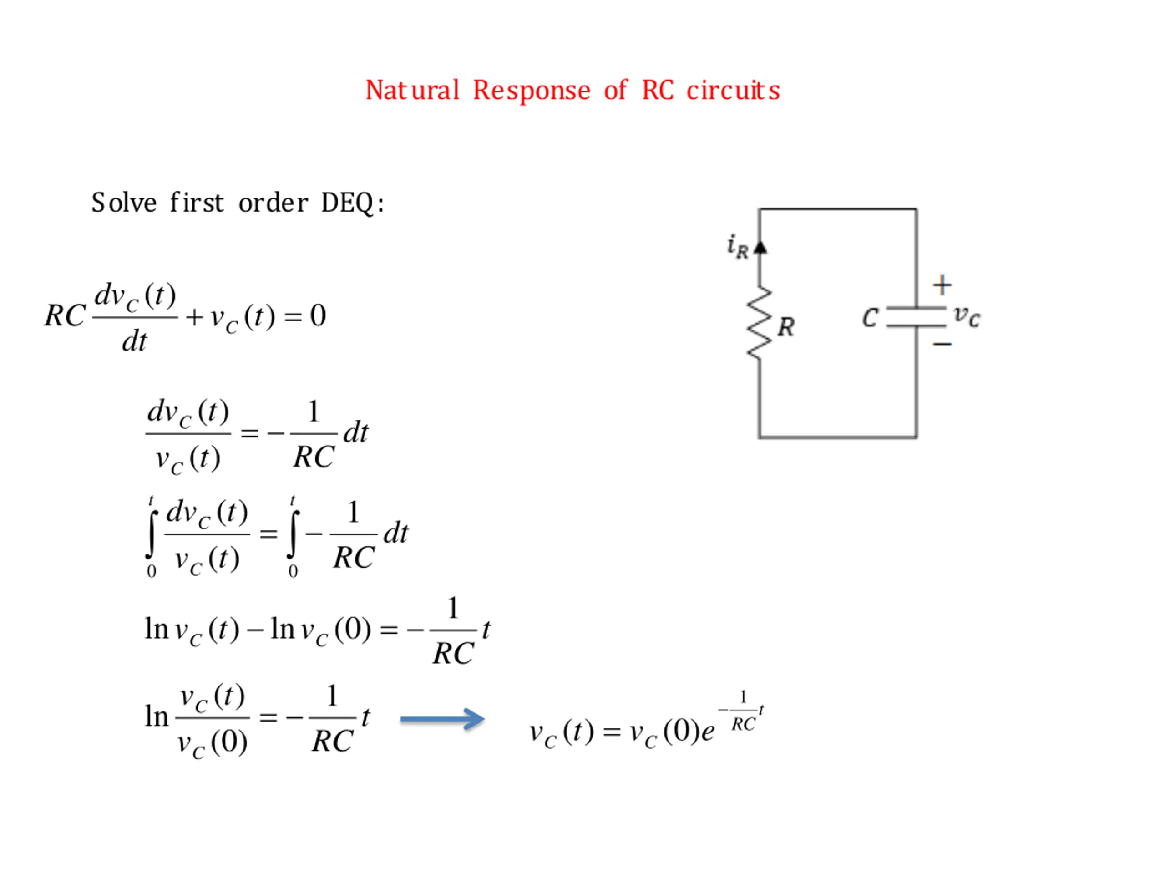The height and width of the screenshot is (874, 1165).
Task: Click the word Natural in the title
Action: tap(412, 90)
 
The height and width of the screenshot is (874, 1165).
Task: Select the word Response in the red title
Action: tap(532, 91)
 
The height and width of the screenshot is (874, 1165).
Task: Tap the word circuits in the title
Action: tap(733, 90)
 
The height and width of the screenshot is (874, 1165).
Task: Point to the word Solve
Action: tap(124, 203)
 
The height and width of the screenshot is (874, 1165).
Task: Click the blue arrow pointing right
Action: tap(442, 719)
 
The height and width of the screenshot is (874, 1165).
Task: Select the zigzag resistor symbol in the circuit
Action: tap(760, 324)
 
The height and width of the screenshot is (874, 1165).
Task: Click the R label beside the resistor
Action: tap(786, 327)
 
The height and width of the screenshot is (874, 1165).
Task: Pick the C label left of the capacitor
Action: tap(870, 318)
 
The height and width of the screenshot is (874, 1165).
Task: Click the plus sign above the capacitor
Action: tap(942, 285)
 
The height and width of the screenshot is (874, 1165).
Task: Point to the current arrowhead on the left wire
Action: tap(760, 248)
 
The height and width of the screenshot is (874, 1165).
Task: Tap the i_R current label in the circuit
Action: tap(737, 246)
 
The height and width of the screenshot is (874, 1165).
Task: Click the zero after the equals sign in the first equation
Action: tap(318, 315)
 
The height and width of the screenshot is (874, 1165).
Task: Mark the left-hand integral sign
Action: tap(152, 534)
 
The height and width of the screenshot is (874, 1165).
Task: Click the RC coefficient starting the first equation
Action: tap(65, 315)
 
